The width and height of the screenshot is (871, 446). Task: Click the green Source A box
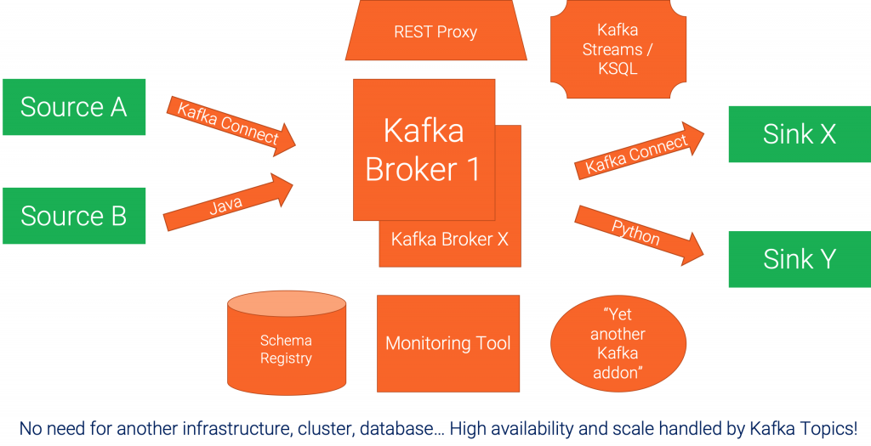click(74, 107)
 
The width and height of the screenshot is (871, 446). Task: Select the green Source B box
click(74, 216)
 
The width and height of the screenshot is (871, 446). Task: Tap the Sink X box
click(799, 134)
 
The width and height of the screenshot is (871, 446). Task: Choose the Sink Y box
click(799, 258)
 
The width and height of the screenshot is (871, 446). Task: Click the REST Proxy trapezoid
click(435, 32)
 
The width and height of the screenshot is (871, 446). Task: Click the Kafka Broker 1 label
click(423, 150)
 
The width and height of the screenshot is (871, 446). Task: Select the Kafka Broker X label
click(449, 240)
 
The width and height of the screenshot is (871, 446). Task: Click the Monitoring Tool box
click(447, 343)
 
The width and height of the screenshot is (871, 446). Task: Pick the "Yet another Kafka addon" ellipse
click(618, 343)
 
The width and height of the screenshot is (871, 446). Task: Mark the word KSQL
click(618, 69)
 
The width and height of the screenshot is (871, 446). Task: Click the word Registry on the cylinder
click(287, 358)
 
